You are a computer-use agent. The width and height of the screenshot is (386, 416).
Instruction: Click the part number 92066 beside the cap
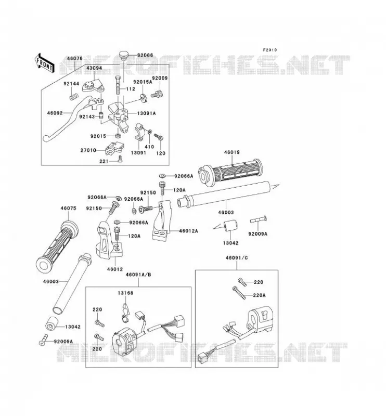click(145, 56)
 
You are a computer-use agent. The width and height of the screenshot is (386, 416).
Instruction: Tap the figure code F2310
click(269, 50)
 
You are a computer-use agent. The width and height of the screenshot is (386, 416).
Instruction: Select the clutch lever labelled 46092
click(71, 116)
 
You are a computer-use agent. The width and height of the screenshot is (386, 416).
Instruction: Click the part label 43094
click(94, 68)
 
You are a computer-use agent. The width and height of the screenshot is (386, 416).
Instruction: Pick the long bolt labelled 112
click(119, 85)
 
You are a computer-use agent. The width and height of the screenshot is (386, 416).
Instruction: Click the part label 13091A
click(146, 113)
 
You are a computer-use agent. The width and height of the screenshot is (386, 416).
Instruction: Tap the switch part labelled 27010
click(114, 148)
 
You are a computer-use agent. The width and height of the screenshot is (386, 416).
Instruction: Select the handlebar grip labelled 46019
click(230, 171)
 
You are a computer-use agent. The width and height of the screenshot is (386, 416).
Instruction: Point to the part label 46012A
click(188, 231)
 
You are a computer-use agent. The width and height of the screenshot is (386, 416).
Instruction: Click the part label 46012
click(115, 269)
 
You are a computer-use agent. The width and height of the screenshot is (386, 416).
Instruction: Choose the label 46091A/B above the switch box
click(138, 275)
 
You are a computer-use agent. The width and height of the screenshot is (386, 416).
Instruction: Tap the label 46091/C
click(237, 258)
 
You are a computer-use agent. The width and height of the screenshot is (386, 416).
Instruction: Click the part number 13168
click(125, 293)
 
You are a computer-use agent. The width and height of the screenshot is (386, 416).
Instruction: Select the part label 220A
click(260, 295)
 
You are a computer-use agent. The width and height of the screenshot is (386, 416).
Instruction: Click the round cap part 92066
click(123, 56)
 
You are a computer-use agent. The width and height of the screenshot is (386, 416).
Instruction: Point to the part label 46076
click(74, 58)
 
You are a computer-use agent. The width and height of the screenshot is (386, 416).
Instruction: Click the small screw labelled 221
click(120, 159)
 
